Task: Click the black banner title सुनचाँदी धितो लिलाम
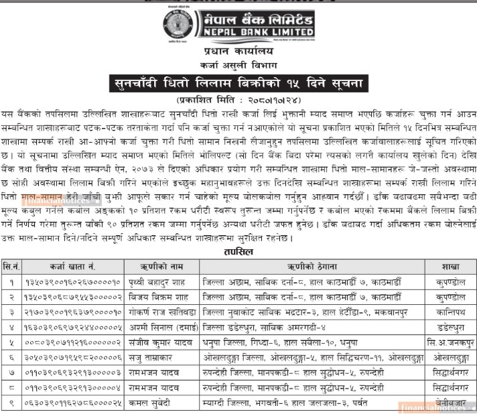coord(238,84)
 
